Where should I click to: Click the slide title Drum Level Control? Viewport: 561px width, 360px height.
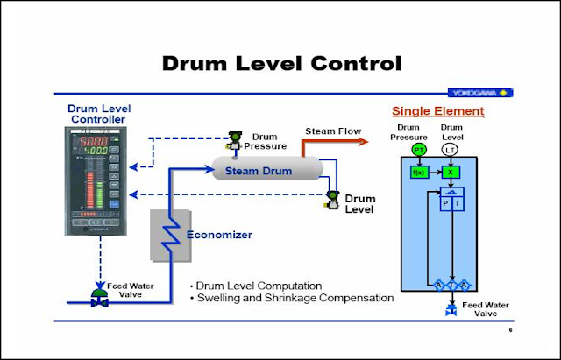point(283,63)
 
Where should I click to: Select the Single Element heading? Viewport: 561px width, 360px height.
point(437,111)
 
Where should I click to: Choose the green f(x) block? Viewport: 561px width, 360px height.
point(418,172)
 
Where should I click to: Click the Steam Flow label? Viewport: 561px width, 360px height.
point(332,131)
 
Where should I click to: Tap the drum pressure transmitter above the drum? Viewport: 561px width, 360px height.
point(234,140)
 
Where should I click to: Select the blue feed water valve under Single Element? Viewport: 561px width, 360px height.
point(451,310)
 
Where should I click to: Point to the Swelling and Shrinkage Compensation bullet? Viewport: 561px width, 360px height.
point(293,299)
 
